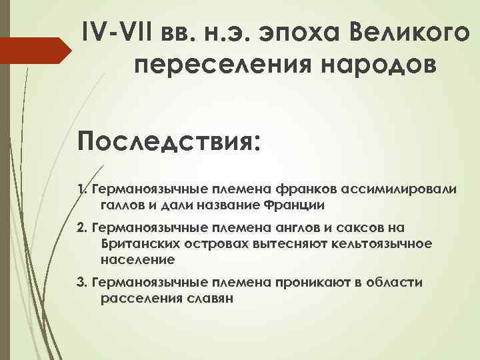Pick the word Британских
tap(141, 243)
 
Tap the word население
tap(137, 259)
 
